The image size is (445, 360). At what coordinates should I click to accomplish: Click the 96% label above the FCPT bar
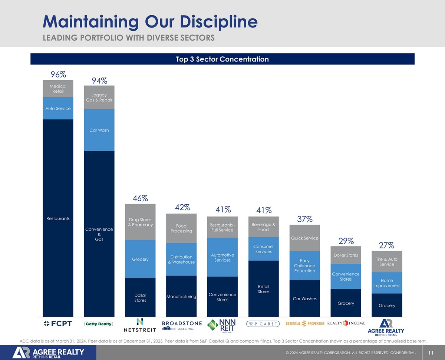click(x=58, y=74)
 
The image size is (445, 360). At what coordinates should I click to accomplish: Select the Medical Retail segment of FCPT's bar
click(x=58, y=89)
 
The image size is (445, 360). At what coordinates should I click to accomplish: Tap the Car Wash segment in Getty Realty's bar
click(x=99, y=130)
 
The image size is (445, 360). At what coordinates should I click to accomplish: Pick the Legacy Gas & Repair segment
click(x=99, y=98)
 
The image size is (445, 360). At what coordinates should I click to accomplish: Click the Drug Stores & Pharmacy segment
click(x=140, y=222)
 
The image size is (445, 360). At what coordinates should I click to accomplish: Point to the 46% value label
click(x=141, y=198)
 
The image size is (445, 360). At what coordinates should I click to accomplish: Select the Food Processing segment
click(x=181, y=228)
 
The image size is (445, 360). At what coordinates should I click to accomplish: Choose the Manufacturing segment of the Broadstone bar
click(x=181, y=297)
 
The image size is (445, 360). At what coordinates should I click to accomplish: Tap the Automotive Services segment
click(x=222, y=258)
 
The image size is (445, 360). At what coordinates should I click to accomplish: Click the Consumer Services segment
click(x=263, y=249)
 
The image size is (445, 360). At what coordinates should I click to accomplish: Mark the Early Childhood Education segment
click(x=304, y=265)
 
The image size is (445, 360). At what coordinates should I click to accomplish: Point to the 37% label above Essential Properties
click(x=304, y=219)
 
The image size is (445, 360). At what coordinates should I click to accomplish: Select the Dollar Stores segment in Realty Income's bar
click(x=346, y=255)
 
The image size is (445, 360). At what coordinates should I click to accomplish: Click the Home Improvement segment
click(x=387, y=283)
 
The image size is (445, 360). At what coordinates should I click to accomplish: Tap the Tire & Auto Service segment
click(x=387, y=262)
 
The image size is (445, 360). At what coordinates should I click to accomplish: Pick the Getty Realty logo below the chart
click(x=99, y=324)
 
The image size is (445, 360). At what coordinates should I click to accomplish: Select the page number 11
click(x=431, y=353)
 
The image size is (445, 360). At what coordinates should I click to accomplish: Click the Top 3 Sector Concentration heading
click(x=222, y=59)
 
